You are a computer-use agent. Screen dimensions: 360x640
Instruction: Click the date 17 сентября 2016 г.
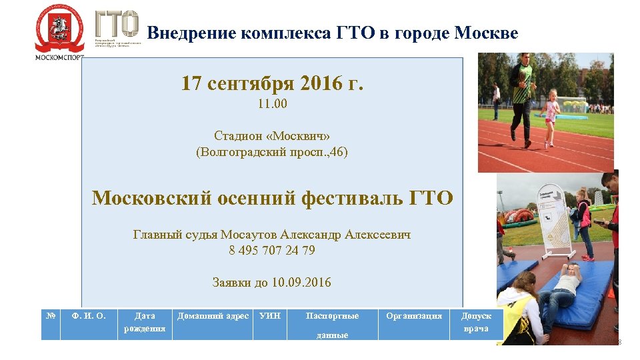click(272, 84)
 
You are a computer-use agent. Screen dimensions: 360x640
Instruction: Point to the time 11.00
click(272, 105)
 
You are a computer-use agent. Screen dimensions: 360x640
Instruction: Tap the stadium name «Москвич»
click(297, 136)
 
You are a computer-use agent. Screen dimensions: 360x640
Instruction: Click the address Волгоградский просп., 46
click(272, 152)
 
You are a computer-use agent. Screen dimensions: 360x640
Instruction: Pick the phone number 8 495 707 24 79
click(272, 251)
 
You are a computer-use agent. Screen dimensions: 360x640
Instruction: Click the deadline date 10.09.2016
click(301, 282)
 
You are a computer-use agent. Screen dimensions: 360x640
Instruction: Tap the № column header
click(51, 315)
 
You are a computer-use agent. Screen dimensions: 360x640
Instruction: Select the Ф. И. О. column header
click(89, 316)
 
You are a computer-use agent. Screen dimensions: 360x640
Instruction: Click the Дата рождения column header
click(145, 322)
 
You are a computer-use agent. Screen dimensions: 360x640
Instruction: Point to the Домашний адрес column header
click(213, 316)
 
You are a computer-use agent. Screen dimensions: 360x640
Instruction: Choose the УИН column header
click(270, 316)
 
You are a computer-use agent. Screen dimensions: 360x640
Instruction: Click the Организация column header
click(413, 316)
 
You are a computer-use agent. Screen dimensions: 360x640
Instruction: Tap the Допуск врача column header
click(476, 322)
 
